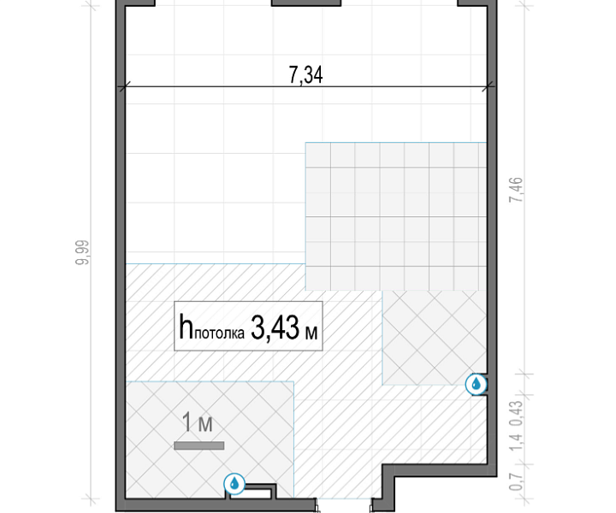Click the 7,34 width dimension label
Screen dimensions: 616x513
(305, 75)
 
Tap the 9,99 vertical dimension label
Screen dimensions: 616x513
(82, 253)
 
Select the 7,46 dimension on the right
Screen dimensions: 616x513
(516, 190)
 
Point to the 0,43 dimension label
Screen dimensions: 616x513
(516, 414)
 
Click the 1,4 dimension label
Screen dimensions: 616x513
(516, 441)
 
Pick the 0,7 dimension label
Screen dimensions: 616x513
(516, 481)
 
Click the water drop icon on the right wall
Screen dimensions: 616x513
(477, 384)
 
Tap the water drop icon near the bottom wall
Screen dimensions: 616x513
(234, 484)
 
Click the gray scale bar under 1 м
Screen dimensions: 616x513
(199, 445)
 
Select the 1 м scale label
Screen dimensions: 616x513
(198, 422)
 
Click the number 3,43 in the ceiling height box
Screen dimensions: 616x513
(275, 327)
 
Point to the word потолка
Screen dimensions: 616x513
(219, 333)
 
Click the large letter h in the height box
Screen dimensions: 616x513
(186, 327)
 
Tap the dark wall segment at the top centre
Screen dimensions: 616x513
(306, 3)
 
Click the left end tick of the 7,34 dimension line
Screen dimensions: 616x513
(123, 87)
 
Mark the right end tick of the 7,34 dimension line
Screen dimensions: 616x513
(489, 87)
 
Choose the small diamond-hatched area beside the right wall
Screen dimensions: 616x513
(435, 338)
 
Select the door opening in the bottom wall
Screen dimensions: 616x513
(344, 504)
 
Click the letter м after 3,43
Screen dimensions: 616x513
(311, 333)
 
